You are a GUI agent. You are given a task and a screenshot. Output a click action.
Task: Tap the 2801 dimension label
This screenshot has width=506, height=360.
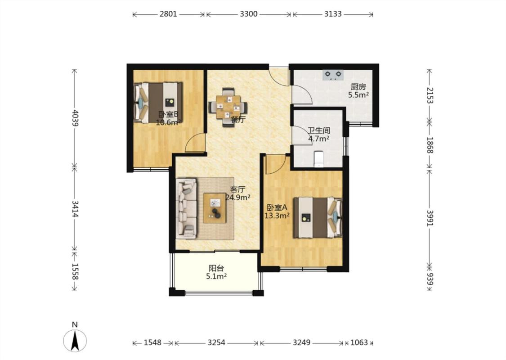coord(168,14)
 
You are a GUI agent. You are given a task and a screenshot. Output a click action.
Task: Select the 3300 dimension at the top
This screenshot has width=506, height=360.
coord(249,14)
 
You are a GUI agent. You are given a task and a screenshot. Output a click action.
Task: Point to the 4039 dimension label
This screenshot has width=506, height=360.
coord(75,118)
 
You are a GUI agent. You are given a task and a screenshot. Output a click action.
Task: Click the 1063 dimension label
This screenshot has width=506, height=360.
coord(359,342)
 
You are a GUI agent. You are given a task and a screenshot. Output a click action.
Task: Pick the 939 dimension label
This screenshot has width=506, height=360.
coord(430,279)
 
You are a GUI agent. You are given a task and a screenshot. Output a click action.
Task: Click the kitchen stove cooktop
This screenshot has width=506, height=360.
coord(333,75)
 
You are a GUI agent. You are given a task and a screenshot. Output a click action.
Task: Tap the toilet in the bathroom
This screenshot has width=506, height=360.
coord(318,159)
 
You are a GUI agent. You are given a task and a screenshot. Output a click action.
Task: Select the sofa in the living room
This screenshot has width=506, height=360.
coord(187,208)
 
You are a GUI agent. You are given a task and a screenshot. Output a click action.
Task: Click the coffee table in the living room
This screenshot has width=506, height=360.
coord(215,208)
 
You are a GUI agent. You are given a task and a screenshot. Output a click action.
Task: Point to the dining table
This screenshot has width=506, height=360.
coord(228,107)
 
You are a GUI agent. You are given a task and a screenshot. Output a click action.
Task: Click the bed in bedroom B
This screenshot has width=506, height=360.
coord(158,102)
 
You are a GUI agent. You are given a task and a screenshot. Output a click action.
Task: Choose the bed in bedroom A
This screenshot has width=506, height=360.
coord(318,218)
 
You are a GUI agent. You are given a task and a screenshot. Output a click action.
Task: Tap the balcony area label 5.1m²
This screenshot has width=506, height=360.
coord(216,276)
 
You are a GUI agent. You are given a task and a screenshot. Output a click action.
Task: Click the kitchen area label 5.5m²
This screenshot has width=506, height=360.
coord(358,95)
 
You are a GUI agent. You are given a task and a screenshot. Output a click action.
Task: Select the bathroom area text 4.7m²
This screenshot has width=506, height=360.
coord(318,139)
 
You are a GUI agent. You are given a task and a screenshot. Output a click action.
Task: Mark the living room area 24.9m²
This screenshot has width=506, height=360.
coord(238,197)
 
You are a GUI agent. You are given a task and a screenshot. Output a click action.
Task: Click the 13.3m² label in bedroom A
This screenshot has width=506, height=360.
coord(277,216)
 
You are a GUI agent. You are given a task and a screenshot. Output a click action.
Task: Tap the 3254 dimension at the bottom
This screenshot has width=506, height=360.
coord(216,342)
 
